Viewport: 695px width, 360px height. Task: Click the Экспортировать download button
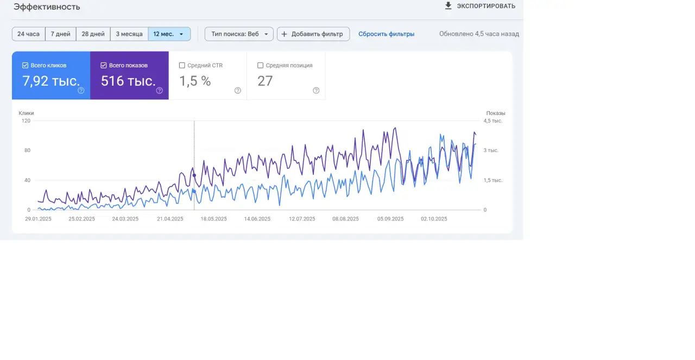point(479,6)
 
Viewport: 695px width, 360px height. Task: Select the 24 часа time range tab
point(28,34)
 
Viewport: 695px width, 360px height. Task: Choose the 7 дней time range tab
point(60,34)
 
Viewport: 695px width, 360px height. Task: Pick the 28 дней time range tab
point(93,34)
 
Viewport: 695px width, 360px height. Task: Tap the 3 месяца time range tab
point(129,34)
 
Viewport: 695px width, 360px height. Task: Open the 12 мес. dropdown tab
point(169,34)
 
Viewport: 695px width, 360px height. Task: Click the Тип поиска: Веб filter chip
point(239,34)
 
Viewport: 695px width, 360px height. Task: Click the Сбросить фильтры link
point(386,34)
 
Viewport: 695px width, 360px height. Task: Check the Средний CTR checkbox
point(182,65)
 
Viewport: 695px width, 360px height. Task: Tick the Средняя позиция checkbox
point(261,65)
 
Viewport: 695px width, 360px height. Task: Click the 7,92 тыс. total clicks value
point(50,81)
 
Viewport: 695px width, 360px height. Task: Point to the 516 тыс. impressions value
point(128,81)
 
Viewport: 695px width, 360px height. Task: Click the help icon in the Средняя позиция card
point(316,91)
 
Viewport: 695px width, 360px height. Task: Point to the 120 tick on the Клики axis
point(26,121)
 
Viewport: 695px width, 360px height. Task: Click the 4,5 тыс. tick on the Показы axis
point(493,121)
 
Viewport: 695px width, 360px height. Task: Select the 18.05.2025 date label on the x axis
point(213,219)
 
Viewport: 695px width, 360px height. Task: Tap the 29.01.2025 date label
point(38,219)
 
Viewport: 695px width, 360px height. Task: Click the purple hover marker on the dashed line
point(194,175)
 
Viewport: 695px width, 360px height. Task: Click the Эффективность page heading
point(47,7)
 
